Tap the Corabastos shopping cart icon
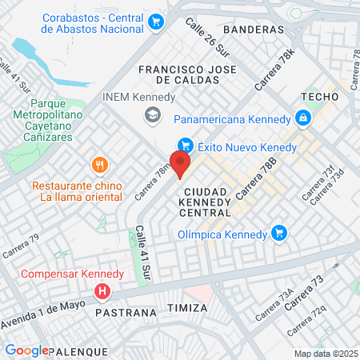[155, 22]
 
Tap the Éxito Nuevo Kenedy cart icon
[186, 146]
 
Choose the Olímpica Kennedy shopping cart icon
[278, 234]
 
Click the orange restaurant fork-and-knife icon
[100, 166]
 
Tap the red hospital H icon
[102, 291]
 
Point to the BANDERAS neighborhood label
[254, 29]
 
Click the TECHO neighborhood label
[316, 96]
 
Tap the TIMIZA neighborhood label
[188, 307]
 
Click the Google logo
[26, 350]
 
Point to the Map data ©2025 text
[325, 354]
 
